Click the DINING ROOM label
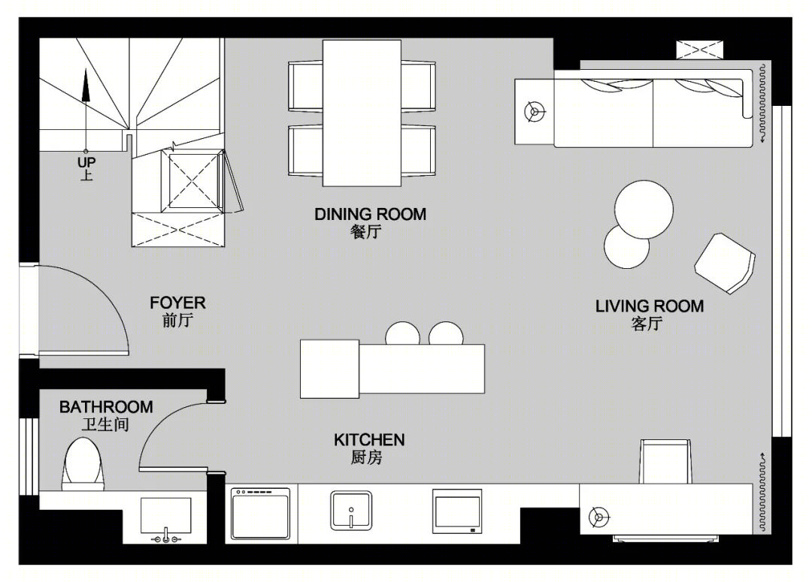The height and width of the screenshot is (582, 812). click(370, 214)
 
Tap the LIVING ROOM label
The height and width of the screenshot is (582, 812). click(650, 306)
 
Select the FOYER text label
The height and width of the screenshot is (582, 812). click(177, 303)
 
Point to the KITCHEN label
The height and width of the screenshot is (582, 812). click(369, 440)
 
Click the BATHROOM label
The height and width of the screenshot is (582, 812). click(106, 407)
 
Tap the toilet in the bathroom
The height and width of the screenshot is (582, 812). click(83, 464)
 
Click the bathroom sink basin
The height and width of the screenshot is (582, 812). click(165, 515)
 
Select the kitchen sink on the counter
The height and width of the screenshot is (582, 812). click(351, 511)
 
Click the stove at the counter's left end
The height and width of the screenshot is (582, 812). click(261, 514)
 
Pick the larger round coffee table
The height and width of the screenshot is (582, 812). click(644, 210)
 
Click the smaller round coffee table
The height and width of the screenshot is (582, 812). click(626, 246)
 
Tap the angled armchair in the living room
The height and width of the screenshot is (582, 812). click(725, 263)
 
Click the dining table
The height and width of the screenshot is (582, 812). click(362, 113)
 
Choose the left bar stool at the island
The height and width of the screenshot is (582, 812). click(402, 333)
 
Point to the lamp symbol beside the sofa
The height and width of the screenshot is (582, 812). click(534, 111)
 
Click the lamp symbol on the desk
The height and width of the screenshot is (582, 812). click(599, 517)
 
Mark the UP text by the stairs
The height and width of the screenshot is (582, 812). click(86, 162)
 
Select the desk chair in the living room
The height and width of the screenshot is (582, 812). click(665, 461)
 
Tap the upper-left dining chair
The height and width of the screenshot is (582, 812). click(305, 86)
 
